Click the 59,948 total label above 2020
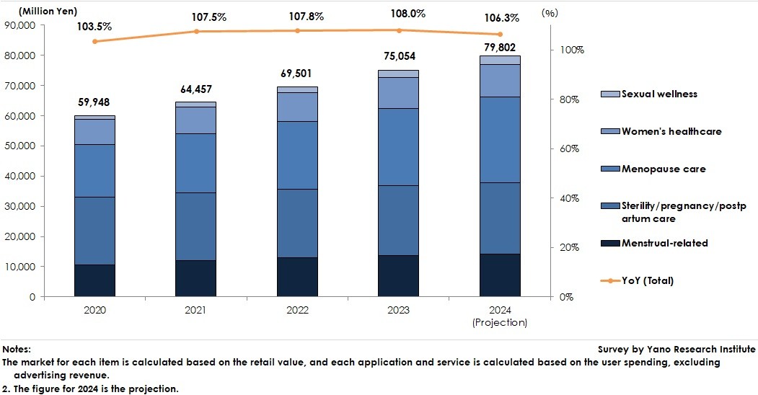point(94,102)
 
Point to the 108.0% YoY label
point(397,13)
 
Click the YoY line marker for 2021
point(196,32)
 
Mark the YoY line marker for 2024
point(500,35)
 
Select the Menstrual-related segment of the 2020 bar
point(94,280)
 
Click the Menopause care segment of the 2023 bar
point(398,147)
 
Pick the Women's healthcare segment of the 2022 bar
point(297,107)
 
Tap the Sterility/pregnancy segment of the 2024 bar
point(500,218)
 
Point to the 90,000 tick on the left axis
point(24,25)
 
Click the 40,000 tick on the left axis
point(24,176)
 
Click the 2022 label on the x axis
point(297,310)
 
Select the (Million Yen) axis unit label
point(50,10)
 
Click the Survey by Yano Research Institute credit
point(677,349)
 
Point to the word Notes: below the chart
point(17,349)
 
